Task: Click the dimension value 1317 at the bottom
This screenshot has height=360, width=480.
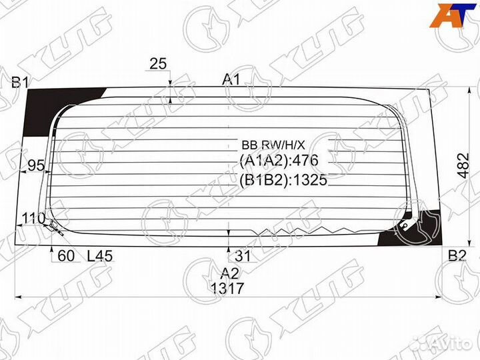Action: (x=227, y=289)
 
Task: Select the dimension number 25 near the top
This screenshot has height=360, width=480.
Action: (x=158, y=63)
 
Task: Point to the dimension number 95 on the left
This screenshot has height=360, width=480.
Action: (x=36, y=166)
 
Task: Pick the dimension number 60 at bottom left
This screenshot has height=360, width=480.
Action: (x=65, y=255)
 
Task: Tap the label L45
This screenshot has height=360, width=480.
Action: (x=101, y=255)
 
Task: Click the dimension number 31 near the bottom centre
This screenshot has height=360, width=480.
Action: (x=241, y=255)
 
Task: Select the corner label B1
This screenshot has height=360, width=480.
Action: (x=19, y=83)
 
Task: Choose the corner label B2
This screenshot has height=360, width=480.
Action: (x=457, y=255)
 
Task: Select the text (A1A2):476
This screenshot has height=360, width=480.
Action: (x=279, y=161)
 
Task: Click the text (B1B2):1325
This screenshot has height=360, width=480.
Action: (x=283, y=180)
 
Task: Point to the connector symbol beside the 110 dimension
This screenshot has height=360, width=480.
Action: (x=54, y=229)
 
